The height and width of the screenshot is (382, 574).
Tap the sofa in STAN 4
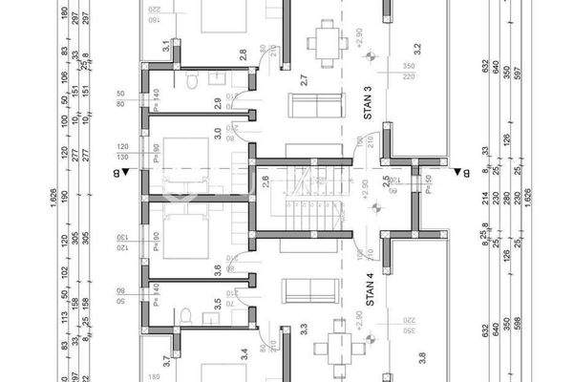coord(308,286)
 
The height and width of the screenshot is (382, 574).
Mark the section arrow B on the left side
coord(117,172)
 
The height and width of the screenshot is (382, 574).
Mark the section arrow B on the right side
coord(458,173)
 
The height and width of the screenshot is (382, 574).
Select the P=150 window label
coord(427,179)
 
